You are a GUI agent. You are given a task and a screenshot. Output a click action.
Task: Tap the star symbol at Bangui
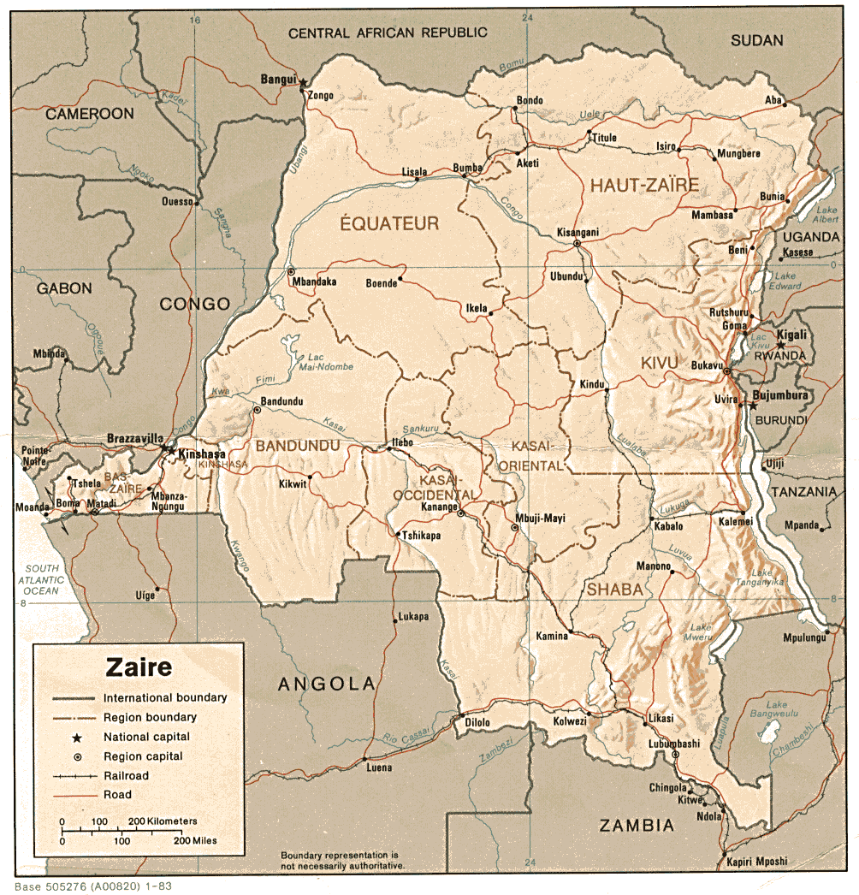coord(303,82)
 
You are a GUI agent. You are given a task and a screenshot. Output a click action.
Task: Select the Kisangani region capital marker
coord(577,244)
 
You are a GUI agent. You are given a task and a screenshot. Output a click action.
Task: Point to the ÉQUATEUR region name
coord(389,224)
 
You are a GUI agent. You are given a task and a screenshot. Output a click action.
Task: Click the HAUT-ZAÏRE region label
coord(643,184)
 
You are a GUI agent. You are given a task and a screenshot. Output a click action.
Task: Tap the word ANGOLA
coord(327,684)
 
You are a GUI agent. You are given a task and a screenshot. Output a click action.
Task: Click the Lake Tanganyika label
coord(767,578)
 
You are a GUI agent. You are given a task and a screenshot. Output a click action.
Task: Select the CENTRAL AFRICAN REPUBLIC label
coord(388,33)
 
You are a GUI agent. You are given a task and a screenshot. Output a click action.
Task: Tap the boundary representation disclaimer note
coord(341,860)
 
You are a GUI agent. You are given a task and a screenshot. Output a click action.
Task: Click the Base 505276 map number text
coord(92,886)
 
